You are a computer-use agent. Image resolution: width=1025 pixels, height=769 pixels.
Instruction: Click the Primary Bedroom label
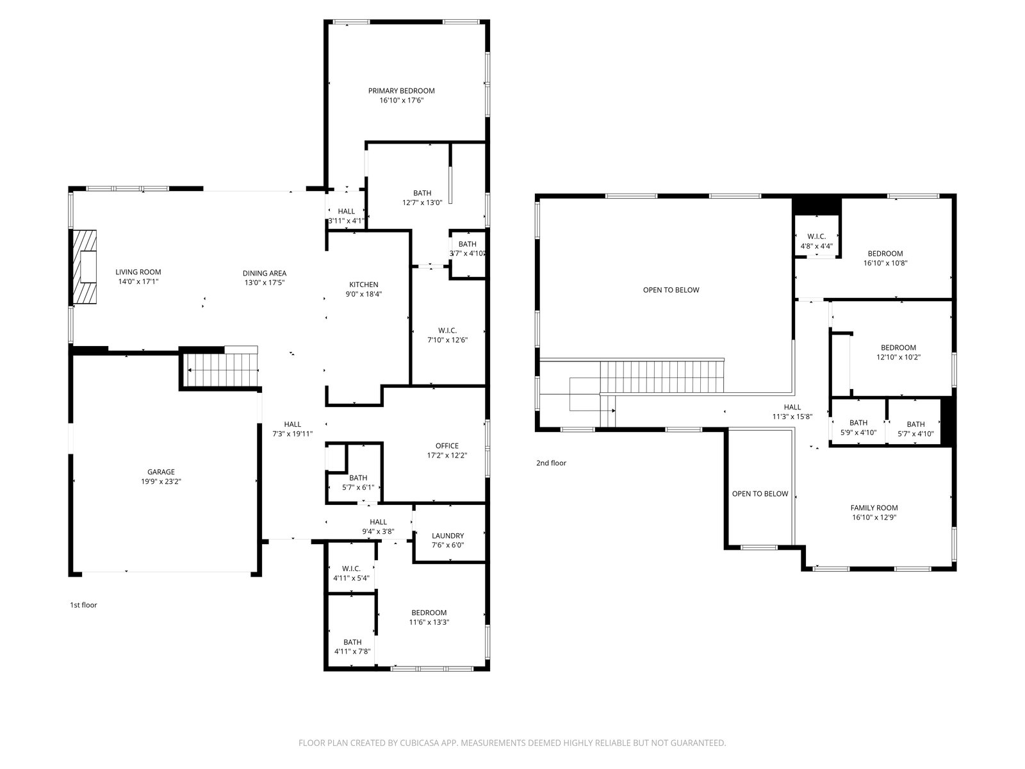401,90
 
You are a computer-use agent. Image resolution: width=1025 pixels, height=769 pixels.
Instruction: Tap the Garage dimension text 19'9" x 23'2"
161,481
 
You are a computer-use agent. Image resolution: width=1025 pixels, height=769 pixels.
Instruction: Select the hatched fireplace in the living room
85,267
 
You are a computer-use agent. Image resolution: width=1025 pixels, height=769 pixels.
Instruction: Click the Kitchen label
364,285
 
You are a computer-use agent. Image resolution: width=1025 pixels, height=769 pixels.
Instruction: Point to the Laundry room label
448,536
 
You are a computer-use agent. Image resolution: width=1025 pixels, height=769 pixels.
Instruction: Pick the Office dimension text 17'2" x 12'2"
447,455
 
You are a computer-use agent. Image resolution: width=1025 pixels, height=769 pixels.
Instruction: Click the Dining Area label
265,273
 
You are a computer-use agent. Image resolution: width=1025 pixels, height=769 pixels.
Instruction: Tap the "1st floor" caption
83,605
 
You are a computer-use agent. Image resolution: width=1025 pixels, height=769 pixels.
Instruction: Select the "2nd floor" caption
551,463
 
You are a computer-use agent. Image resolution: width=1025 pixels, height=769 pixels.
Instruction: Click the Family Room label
874,508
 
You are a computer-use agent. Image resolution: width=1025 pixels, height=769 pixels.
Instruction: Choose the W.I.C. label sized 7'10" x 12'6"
447,331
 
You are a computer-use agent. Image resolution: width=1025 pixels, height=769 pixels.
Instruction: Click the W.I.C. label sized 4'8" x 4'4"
816,236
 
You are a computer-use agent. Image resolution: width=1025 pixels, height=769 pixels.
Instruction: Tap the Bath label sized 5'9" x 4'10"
858,422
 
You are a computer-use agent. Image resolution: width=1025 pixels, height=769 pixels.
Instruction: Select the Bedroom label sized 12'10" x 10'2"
898,347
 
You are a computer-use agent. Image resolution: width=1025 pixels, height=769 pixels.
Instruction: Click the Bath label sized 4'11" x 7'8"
352,642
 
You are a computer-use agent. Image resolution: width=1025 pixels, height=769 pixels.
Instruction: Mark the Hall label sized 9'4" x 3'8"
378,522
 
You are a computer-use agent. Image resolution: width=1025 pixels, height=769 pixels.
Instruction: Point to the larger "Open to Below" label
671,290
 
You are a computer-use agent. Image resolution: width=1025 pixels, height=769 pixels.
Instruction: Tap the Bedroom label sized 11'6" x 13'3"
429,613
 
